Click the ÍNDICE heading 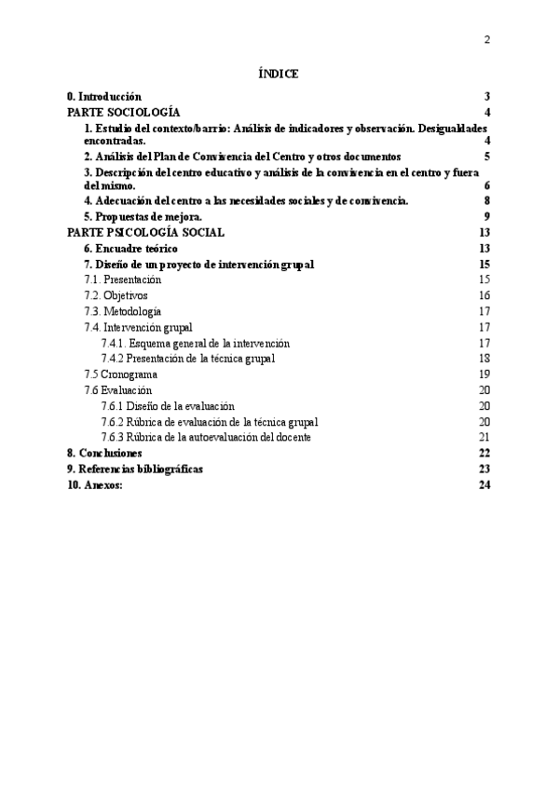coord(279,75)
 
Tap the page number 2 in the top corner coord(487,39)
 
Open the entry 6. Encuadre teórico coord(130,249)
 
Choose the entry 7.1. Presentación coord(122,279)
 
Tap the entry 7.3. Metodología coord(122,311)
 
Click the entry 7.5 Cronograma coord(120,374)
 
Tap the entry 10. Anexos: coord(95,484)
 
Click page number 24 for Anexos coord(484,484)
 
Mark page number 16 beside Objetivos coord(484,295)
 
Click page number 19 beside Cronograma coord(484,374)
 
